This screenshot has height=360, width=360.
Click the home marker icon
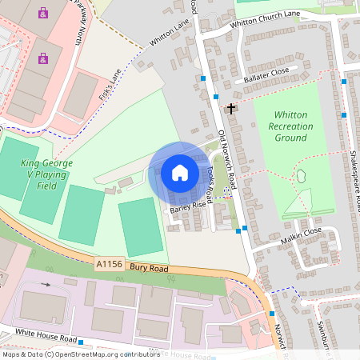(179, 173)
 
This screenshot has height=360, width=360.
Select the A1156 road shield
(110, 262)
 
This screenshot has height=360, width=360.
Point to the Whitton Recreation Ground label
(290, 126)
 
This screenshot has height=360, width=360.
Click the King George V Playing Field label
(46, 174)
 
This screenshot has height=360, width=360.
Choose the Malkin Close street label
(301, 231)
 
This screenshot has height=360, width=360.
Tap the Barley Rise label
(188, 210)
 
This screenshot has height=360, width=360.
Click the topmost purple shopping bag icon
(42, 12)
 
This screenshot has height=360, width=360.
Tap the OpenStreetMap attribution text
(80, 354)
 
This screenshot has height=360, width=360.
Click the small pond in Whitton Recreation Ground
(302, 176)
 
